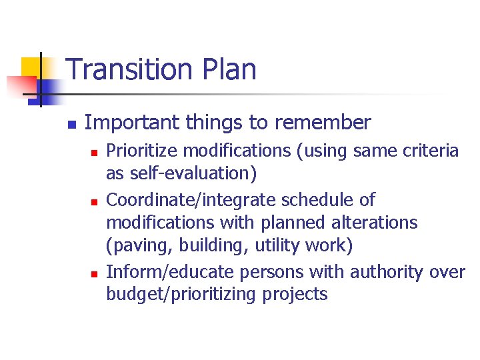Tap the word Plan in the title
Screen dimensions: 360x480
tap(227, 69)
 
